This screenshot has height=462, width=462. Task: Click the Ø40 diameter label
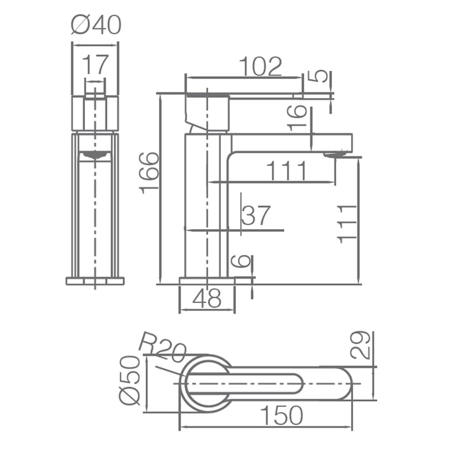(95, 25)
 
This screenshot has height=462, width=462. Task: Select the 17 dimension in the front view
(95, 64)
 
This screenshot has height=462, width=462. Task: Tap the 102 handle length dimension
(260, 67)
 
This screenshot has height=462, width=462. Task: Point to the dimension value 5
(318, 76)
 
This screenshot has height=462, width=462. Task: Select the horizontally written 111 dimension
(286, 171)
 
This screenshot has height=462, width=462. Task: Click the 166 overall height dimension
(150, 173)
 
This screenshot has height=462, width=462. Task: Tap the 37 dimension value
(256, 216)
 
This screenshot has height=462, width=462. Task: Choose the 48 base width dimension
(206, 299)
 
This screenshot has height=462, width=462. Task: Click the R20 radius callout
(162, 347)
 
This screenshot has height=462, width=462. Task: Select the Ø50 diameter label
(130, 381)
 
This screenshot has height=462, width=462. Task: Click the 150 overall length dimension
(280, 416)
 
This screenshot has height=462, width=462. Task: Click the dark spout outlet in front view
(95, 155)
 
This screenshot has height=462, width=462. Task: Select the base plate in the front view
(95, 282)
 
